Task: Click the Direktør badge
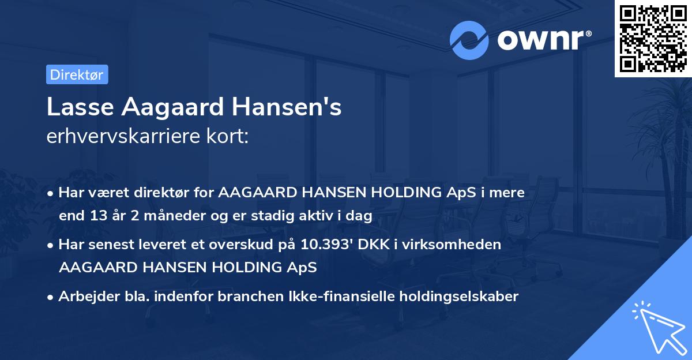(x=77, y=74)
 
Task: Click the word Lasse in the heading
(x=75, y=108)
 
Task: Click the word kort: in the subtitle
(x=228, y=136)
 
